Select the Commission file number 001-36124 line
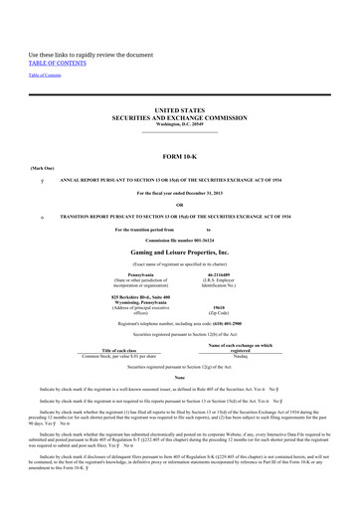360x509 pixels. (x=179, y=241)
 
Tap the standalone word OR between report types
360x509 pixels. (x=179, y=206)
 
